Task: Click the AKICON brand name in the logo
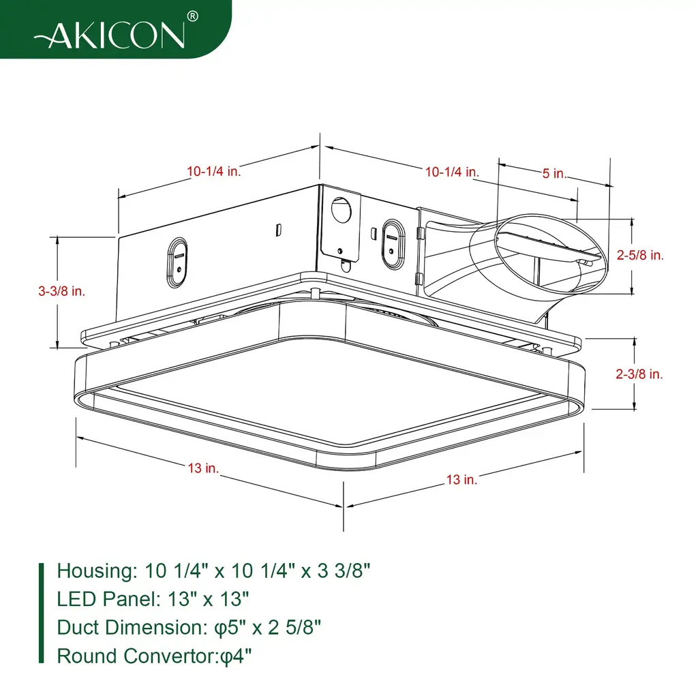(110, 35)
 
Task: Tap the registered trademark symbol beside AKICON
(192, 16)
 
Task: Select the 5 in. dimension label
(554, 173)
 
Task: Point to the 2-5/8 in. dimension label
(639, 255)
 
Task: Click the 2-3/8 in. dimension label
(639, 374)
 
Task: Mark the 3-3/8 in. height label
(61, 291)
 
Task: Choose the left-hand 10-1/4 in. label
(213, 171)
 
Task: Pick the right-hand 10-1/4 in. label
(452, 172)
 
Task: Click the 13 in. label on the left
(203, 468)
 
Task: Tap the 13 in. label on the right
(461, 480)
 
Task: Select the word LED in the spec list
(76, 599)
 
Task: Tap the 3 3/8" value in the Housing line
(344, 571)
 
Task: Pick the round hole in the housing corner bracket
(342, 210)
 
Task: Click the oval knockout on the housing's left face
(177, 262)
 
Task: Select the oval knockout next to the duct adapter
(393, 244)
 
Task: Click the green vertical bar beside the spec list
(42, 613)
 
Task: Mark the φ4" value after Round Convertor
(236, 656)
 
